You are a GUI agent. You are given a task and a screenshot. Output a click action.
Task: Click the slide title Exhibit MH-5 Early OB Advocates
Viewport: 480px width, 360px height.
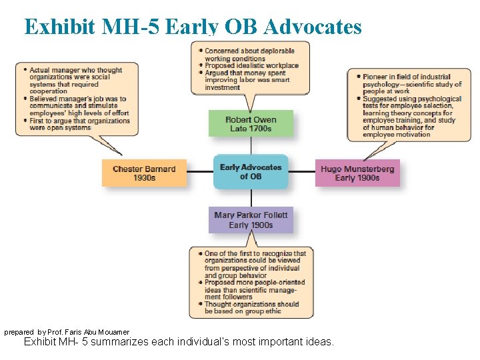point(193,26)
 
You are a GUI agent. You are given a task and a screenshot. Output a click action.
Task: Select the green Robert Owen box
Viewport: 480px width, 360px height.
point(251,124)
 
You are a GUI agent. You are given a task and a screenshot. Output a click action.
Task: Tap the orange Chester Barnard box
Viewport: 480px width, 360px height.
point(144,173)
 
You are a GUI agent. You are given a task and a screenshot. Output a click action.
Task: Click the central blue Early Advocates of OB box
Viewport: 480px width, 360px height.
point(251,172)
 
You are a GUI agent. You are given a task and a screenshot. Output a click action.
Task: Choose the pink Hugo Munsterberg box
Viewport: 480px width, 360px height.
point(357,173)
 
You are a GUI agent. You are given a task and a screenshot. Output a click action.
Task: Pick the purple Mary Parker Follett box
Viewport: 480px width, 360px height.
point(251,220)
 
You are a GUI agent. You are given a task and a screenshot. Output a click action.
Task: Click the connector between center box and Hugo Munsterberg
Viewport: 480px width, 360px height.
point(301,172)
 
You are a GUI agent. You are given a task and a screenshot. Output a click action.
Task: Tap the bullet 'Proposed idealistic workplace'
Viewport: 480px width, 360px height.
point(251,65)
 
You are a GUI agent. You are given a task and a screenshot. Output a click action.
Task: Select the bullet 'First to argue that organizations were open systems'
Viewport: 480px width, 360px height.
point(79,124)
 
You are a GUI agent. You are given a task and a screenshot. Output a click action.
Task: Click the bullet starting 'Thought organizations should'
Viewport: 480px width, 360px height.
point(251,308)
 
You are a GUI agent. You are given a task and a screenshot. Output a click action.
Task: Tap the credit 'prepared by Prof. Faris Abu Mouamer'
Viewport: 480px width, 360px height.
point(67,331)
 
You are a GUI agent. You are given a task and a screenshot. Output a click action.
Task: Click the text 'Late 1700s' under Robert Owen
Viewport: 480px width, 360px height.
point(251,129)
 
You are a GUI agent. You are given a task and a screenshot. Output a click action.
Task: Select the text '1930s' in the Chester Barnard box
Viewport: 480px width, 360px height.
point(144,178)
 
